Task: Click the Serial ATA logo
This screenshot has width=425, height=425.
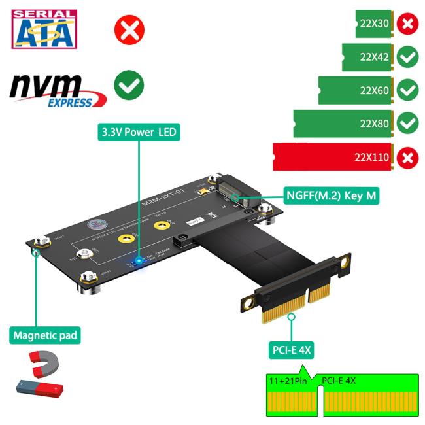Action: (x=44, y=29)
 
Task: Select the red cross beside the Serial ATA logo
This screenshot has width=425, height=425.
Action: (x=129, y=30)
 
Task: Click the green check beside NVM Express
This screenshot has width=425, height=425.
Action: (x=129, y=86)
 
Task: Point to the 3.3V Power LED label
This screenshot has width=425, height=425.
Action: (x=139, y=132)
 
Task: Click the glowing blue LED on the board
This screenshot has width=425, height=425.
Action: (x=139, y=262)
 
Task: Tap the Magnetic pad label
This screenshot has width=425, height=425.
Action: (x=46, y=336)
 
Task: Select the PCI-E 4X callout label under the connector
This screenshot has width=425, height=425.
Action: (x=292, y=350)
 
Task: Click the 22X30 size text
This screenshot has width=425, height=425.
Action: (x=375, y=24)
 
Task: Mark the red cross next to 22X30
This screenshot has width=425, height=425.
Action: (x=408, y=24)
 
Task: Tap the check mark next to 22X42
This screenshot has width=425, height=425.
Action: (x=408, y=57)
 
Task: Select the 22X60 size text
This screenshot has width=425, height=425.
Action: (x=375, y=90)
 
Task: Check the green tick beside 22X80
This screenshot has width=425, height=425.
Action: (x=408, y=122)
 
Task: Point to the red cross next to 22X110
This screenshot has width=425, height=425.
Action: (x=408, y=157)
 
